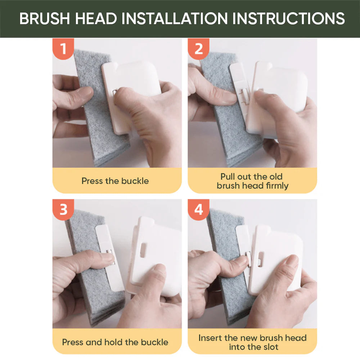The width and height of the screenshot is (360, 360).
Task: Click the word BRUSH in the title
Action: tap(45, 18)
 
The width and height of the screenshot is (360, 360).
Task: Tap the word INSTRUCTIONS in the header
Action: tap(288, 18)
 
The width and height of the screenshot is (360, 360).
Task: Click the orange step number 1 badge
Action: tap(63, 49)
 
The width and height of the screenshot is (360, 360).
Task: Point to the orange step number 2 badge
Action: tap(199, 49)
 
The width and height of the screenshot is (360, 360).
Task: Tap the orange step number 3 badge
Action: tap(63, 210)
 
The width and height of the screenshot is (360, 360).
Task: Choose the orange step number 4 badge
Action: tap(199, 210)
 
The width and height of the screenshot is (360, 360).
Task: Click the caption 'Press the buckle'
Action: tap(115, 181)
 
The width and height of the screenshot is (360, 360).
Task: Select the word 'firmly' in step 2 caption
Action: tap(277, 186)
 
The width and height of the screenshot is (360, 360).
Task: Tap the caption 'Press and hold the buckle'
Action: tap(115, 342)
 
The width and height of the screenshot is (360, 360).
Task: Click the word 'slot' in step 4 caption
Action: tap(271, 347)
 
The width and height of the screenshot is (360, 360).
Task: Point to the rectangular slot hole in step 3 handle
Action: tap(143, 250)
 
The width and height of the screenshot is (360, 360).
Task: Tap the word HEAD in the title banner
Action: tap(96, 18)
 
